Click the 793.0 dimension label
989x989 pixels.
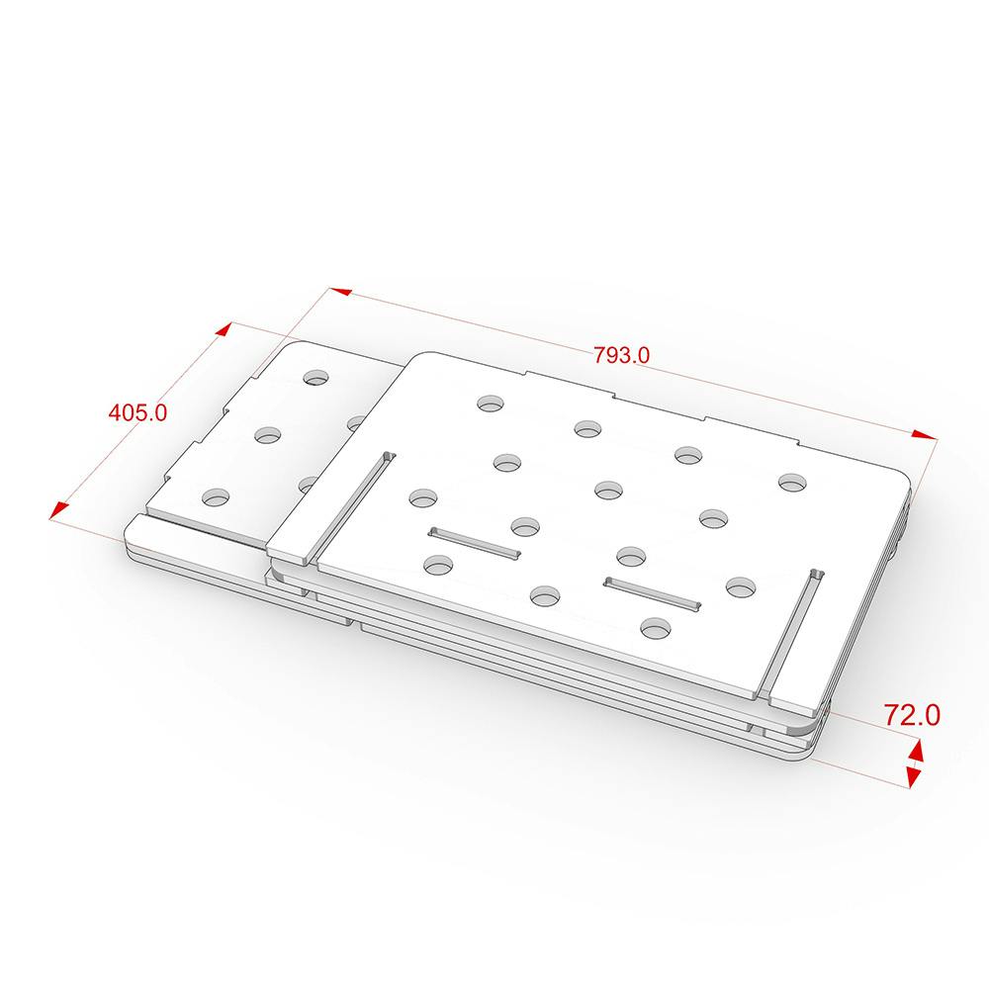click(621, 355)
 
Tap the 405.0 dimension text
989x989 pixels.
click(138, 412)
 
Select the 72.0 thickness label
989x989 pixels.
click(912, 715)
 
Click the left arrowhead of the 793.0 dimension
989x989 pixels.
click(340, 292)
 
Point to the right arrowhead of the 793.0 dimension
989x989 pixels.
click(925, 434)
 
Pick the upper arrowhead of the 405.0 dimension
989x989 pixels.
click(224, 330)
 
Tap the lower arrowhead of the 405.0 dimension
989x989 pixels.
click(58, 511)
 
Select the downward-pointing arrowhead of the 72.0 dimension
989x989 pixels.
click(913, 777)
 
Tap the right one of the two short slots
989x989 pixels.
click(653, 593)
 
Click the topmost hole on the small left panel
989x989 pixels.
click(316, 377)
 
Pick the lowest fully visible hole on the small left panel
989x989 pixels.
click(216, 497)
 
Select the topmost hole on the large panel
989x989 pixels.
click(491, 404)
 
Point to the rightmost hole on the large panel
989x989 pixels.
click(793, 482)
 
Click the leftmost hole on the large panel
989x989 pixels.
click(423, 497)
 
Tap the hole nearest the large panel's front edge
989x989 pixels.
click(656, 628)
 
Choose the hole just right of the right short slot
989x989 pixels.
click(741, 587)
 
